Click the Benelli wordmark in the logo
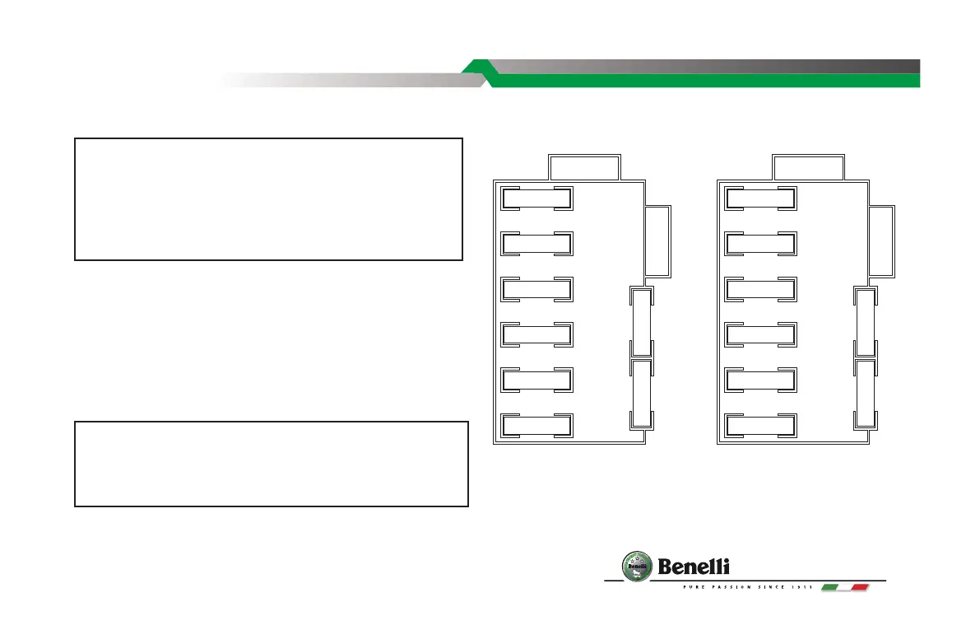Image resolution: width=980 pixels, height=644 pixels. pyautogui.click(x=694, y=567)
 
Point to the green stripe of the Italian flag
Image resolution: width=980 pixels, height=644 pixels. pyautogui.click(x=830, y=587)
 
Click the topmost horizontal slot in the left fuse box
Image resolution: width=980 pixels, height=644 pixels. pyautogui.click(x=536, y=198)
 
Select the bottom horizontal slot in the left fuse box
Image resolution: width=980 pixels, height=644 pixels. pyautogui.click(x=536, y=425)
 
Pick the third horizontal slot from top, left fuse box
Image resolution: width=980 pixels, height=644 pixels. pyautogui.click(x=536, y=289)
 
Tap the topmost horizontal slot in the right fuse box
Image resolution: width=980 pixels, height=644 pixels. pyautogui.click(x=759, y=198)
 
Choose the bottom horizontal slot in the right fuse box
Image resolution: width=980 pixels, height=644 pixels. pyautogui.click(x=759, y=425)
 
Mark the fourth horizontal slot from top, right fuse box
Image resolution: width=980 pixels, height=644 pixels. pyautogui.click(x=759, y=334)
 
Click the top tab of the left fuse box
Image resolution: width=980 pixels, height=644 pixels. pyautogui.click(x=584, y=167)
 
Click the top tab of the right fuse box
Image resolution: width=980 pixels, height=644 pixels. pyautogui.click(x=808, y=167)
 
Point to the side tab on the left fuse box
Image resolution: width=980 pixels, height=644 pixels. pyautogui.click(x=659, y=240)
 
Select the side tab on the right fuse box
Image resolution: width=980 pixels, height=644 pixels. pyautogui.click(x=882, y=240)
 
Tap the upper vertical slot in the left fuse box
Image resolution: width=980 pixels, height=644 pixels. pyautogui.click(x=641, y=323)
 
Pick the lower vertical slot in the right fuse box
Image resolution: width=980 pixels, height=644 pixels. pyautogui.click(x=864, y=394)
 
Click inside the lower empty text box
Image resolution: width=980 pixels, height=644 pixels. pyautogui.click(x=272, y=464)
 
